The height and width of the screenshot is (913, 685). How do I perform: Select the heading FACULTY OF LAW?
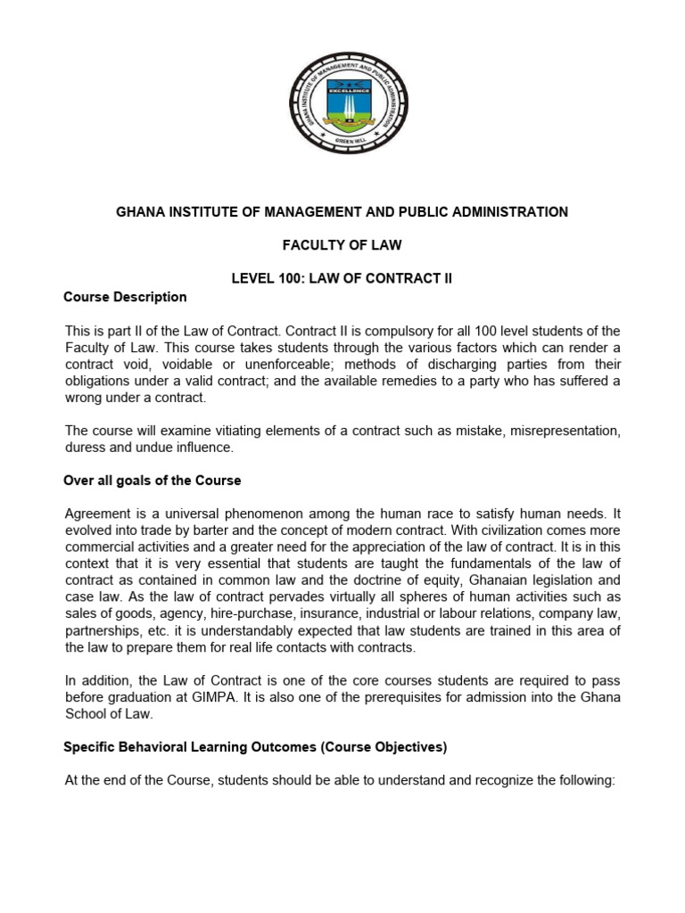[342, 245]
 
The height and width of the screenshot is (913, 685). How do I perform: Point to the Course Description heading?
[125, 297]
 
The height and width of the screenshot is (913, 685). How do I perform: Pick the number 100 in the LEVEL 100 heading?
[293, 278]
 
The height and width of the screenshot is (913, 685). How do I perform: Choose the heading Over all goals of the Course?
[153, 481]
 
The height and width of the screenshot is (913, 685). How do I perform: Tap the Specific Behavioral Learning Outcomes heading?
[255, 747]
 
